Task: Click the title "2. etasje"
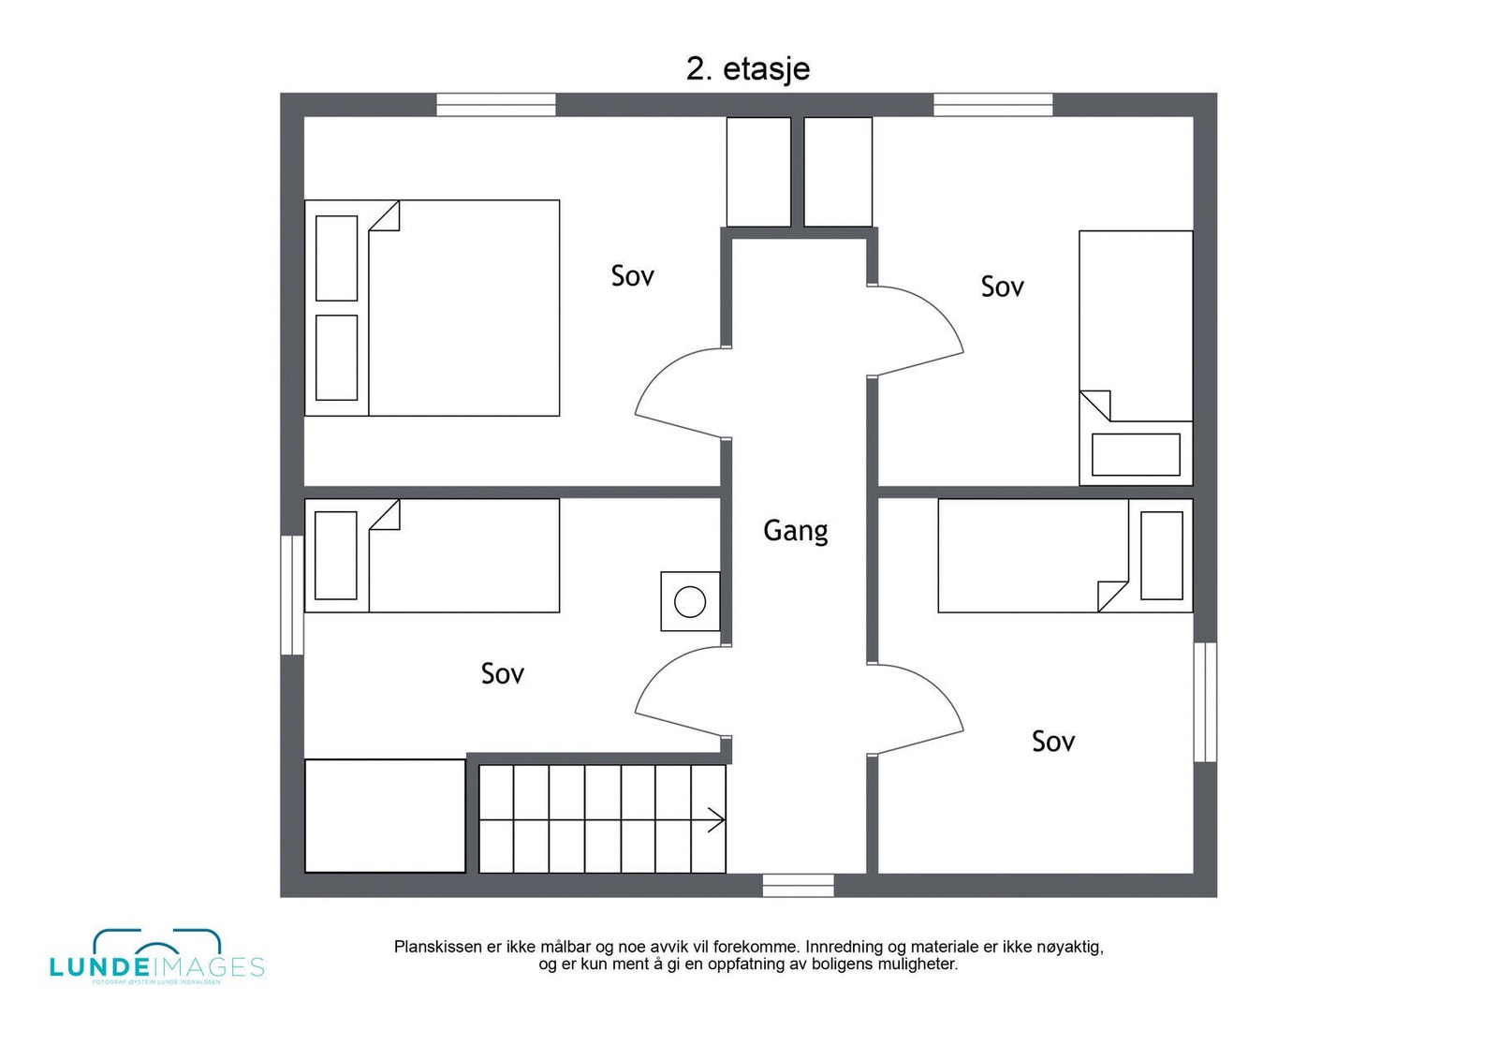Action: pos(747,69)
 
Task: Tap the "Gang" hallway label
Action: pos(795,531)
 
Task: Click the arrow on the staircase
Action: pos(715,820)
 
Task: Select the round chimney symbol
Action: pos(690,601)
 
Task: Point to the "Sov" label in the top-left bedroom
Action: pos(632,276)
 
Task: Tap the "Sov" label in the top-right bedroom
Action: pos(1002,287)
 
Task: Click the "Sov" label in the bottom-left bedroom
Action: pos(502,674)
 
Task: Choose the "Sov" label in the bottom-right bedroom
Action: pos(1052,742)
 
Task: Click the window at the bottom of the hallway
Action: pos(798,885)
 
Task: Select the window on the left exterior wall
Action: pos(292,595)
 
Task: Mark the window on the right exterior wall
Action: pos(1205,701)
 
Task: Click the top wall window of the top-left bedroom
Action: pos(496,105)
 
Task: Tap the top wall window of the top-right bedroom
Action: pos(993,105)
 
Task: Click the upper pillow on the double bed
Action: pos(336,258)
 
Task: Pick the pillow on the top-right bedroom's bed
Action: pos(1136,454)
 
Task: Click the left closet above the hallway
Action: pos(758,171)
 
